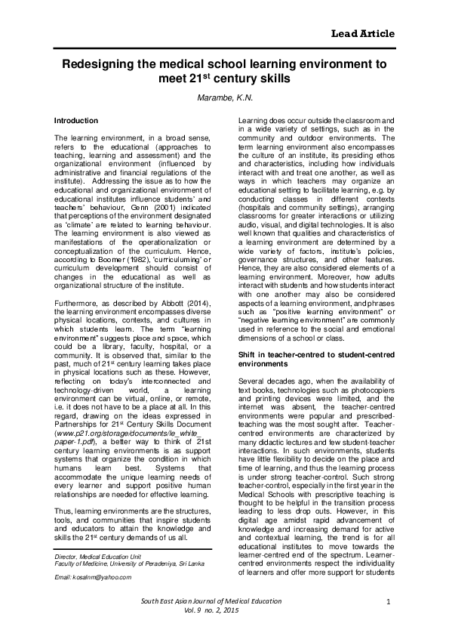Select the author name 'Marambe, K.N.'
point(224,98)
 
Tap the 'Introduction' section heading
point(76,121)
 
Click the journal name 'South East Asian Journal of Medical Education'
point(206,600)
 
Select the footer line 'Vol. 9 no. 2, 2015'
point(206,611)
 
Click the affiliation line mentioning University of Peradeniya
point(124,542)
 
